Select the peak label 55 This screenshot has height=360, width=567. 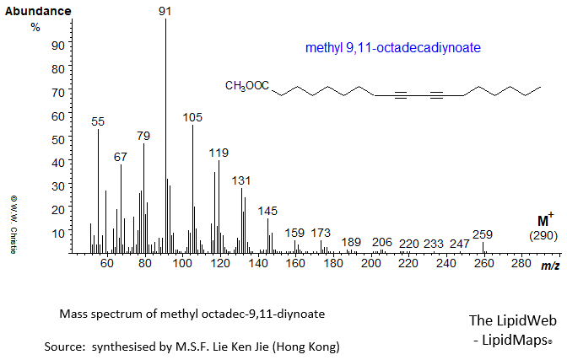point(98,122)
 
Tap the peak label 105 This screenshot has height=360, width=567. point(193,117)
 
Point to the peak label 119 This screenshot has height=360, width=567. point(219,153)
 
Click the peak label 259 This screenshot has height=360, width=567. point(483,234)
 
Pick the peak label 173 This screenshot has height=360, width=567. point(321,233)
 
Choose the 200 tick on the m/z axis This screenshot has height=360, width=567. point(370,265)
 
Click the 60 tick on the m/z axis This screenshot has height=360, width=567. point(106,265)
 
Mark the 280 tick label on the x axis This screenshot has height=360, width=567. point(521,265)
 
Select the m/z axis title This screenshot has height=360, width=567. point(548,266)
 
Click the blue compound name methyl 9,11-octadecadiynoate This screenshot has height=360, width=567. point(391,50)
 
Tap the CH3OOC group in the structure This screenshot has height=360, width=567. point(247,85)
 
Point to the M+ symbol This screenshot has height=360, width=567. point(544,218)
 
